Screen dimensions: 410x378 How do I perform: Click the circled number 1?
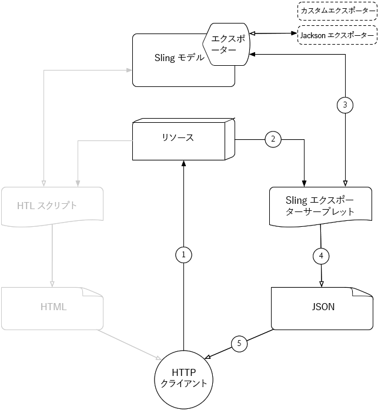[x=184, y=254]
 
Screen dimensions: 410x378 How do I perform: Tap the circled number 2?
[x=273, y=139]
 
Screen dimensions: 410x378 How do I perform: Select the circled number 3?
[x=345, y=105]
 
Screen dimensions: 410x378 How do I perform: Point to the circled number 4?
[x=321, y=256]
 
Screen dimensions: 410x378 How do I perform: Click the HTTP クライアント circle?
[x=184, y=379]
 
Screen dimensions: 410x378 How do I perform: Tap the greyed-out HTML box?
[x=53, y=307]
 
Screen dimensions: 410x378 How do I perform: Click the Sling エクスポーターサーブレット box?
[x=320, y=206]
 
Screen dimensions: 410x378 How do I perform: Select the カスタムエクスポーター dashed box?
[x=336, y=11]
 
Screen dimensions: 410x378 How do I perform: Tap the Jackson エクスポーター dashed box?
[x=336, y=35]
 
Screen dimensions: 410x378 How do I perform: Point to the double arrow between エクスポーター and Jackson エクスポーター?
[x=271, y=35]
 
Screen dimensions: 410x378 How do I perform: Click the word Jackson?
[x=312, y=35]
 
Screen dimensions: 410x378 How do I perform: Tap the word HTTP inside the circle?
[x=184, y=372]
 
